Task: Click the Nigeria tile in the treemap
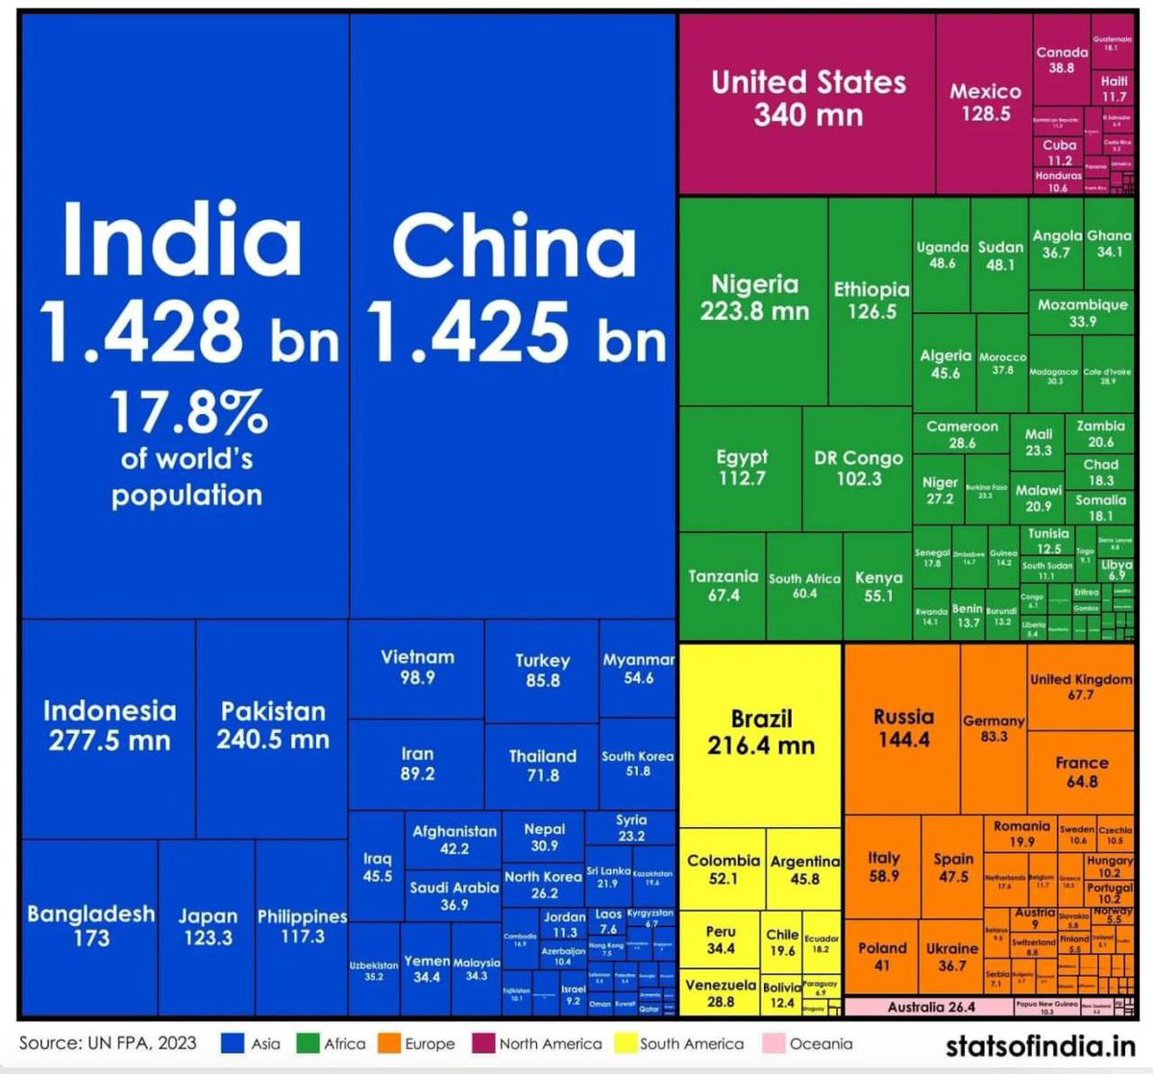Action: click(x=754, y=298)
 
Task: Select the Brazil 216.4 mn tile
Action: click(x=760, y=732)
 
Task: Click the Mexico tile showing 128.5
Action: click(x=985, y=102)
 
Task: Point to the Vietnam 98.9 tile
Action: click(x=417, y=667)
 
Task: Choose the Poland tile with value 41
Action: click(x=882, y=956)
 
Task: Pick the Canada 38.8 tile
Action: click(x=1062, y=61)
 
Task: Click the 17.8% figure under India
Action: click(x=186, y=413)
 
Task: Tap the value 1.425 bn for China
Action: click(x=517, y=331)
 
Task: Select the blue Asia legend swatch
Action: click(x=233, y=1043)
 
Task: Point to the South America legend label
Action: click(x=692, y=1043)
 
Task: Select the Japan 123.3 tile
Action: click(x=208, y=927)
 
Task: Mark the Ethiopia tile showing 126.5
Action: click(x=871, y=300)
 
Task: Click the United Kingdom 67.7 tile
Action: click(x=1081, y=686)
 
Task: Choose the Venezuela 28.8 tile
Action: click(x=721, y=993)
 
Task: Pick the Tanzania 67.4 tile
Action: click(x=724, y=585)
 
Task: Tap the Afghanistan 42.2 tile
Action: click(x=454, y=840)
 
